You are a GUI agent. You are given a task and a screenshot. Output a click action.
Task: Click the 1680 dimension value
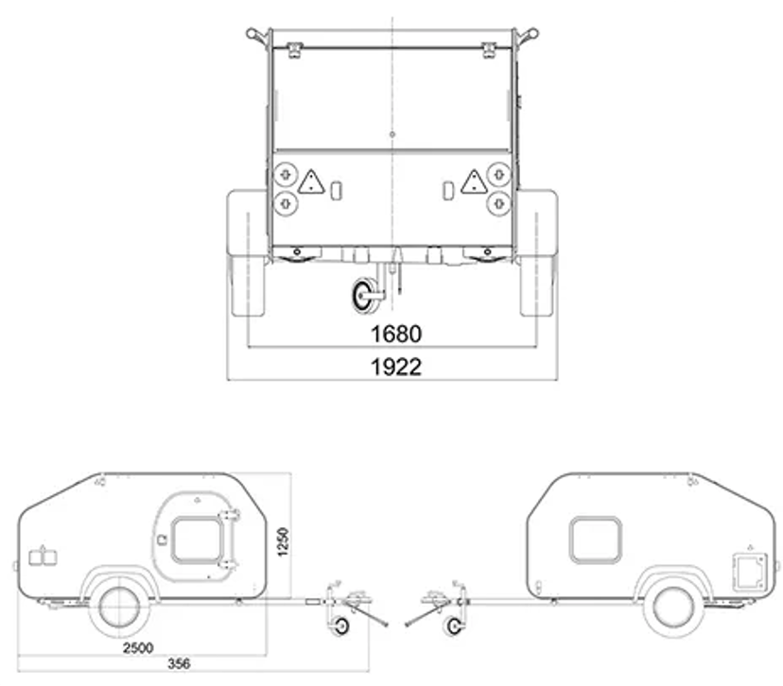(396, 334)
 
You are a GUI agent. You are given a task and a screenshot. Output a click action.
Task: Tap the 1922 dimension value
(396, 367)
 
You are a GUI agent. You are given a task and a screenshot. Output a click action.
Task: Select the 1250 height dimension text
(283, 541)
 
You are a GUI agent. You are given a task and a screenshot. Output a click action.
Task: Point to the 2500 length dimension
(138, 648)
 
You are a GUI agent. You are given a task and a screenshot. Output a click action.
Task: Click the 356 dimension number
(179, 663)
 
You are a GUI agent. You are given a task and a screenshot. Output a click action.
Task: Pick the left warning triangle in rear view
(311, 181)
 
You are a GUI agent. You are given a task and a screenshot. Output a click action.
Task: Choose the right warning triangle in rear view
(474, 181)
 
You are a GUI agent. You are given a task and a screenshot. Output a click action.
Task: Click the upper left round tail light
(286, 175)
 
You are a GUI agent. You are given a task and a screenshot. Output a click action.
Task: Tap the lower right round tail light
(499, 203)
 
